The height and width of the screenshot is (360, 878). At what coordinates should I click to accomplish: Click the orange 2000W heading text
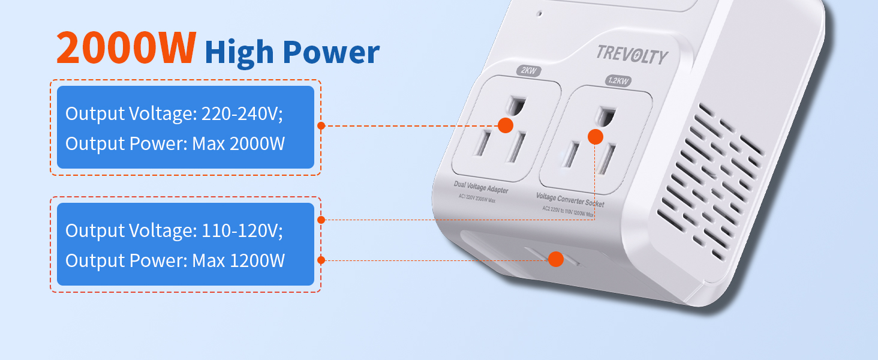(x=126, y=48)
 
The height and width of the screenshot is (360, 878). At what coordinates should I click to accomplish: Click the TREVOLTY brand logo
(x=632, y=55)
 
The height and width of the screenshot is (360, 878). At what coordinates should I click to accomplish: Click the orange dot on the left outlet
(x=506, y=125)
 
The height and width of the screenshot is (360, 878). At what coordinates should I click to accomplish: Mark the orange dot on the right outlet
(x=595, y=137)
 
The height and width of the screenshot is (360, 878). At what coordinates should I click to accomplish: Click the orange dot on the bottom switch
(x=555, y=259)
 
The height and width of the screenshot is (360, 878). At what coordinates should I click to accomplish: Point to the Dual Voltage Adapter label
(x=480, y=187)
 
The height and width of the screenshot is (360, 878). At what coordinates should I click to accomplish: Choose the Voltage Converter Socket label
(x=569, y=199)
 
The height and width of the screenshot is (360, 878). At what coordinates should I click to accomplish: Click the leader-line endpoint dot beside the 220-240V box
(x=321, y=126)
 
